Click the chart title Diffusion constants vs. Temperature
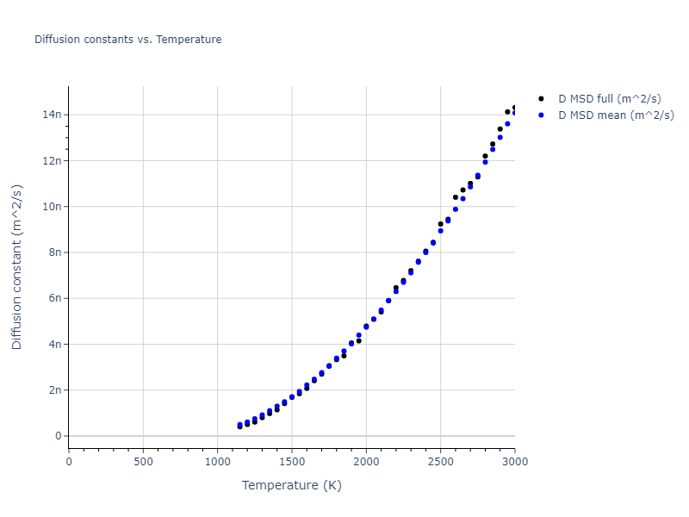point(127,40)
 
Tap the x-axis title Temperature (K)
point(291,485)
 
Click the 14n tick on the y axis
point(51,115)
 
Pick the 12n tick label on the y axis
point(51,160)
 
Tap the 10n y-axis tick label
point(51,206)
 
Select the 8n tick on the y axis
point(54,252)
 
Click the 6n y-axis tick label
point(54,298)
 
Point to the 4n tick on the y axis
point(54,344)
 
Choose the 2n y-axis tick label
point(54,390)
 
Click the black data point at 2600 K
point(456,197)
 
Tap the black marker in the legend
point(541,99)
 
